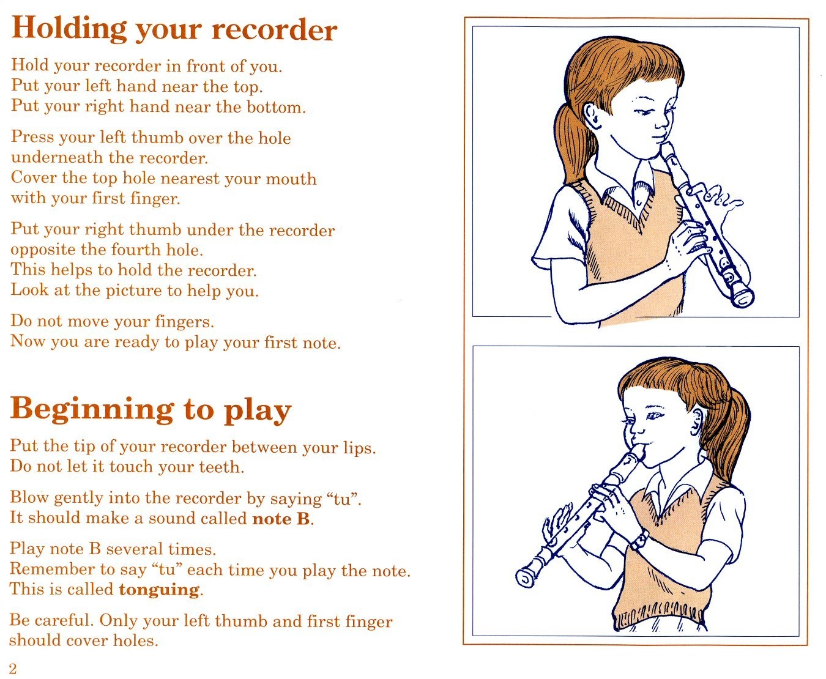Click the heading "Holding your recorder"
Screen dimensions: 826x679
pos(174,29)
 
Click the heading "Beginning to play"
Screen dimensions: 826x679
pos(151,410)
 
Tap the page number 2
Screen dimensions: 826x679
pos(13,668)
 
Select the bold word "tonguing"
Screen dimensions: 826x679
pos(160,590)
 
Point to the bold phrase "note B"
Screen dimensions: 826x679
pos(281,519)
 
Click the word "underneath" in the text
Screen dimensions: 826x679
pos(56,157)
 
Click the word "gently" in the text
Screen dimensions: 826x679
pos(79,499)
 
